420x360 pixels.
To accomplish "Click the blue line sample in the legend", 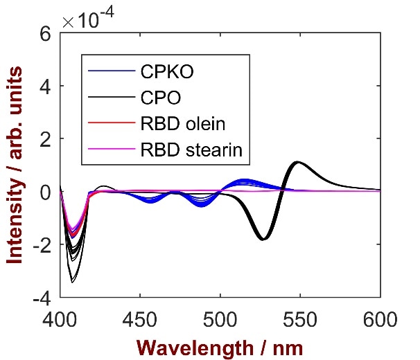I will pos(110,71).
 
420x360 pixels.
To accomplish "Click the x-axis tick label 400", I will pos(60,319).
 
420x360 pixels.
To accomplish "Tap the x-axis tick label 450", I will pos(140,319).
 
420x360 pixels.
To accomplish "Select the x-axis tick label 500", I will pos(220,319).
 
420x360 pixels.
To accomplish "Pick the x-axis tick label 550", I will pos(300,319).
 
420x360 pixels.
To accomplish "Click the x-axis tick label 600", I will pos(380,319).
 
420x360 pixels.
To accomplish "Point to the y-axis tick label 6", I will pos(45,33).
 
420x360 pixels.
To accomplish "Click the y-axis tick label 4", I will pos(45,87).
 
